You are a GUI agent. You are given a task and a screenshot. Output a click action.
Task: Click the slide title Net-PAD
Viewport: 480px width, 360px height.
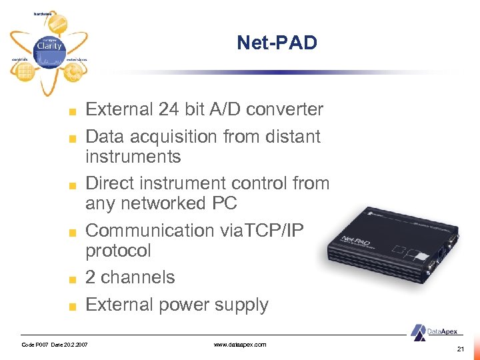(277, 44)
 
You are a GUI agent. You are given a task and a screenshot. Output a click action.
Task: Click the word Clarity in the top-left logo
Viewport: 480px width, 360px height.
(49, 47)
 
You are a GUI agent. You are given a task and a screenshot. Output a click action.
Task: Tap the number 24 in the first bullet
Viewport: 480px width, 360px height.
(171, 109)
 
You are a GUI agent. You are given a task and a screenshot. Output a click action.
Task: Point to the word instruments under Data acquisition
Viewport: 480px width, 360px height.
(133, 157)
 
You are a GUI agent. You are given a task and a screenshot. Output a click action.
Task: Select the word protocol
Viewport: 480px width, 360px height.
(119, 251)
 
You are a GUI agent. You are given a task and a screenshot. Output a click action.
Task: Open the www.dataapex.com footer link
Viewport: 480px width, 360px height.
(240, 345)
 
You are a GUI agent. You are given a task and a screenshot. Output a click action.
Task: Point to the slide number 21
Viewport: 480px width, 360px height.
(461, 349)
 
